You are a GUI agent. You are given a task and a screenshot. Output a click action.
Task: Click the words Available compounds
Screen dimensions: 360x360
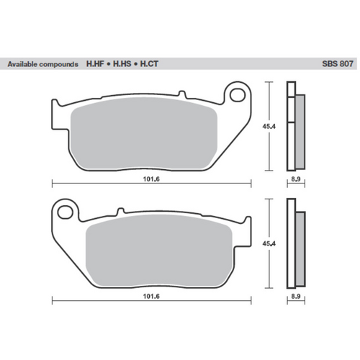42,64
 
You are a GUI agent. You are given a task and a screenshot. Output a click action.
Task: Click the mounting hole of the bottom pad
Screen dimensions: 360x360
67,212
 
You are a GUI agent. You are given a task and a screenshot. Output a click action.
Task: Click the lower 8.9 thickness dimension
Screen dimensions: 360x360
295,296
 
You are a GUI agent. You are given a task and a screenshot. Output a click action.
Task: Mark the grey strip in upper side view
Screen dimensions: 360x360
300,130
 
